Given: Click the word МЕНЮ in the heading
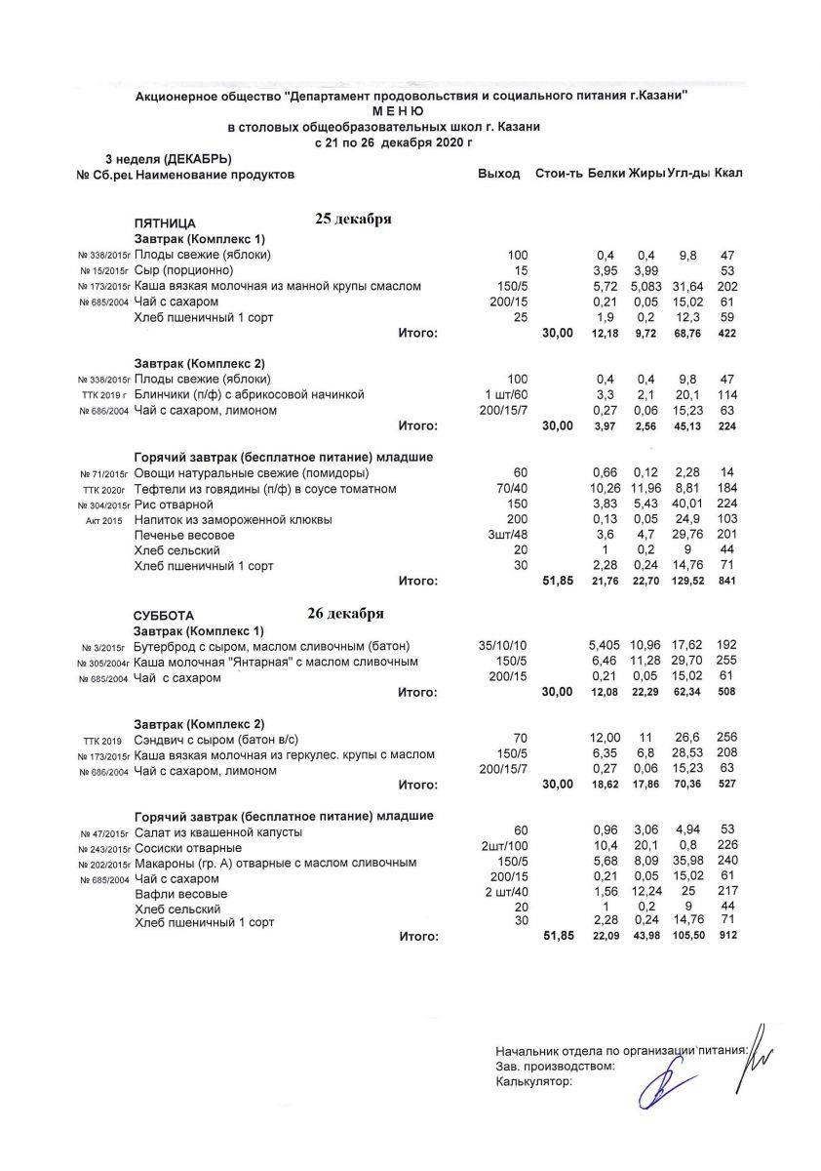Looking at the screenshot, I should (x=410, y=111).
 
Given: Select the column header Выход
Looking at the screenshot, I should (x=499, y=174).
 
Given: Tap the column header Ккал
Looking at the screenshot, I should (x=728, y=174).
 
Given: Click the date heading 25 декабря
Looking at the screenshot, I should (x=353, y=219).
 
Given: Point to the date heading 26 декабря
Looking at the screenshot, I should (x=346, y=614).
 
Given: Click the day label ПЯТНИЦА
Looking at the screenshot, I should (x=165, y=222).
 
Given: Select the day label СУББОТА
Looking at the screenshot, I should (x=164, y=617).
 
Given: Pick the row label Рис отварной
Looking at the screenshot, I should (x=175, y=505).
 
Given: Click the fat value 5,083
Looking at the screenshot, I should (x=645, y=286).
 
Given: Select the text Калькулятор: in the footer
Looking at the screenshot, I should (x=533, y=1080).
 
